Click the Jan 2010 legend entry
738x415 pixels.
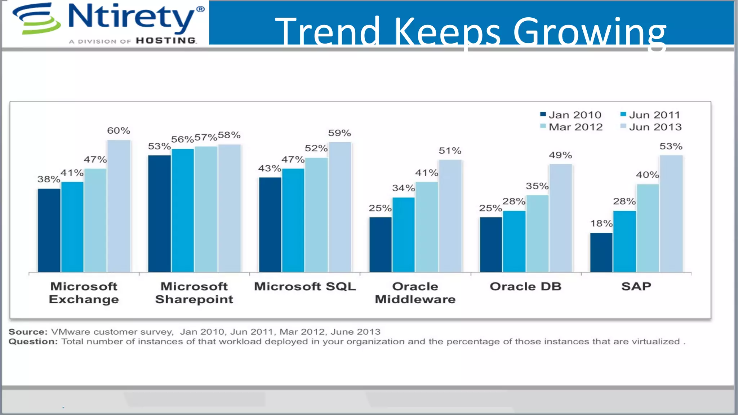[571, 115]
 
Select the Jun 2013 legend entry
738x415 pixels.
[651, 127]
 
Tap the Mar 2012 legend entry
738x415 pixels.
[572, 127]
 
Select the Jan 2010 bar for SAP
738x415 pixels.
[601, 252]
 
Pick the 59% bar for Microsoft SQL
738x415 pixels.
[339, 207]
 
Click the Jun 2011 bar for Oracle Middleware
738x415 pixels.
[403, 235]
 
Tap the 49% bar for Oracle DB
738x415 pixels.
[560, 218]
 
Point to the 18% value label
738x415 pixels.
[601, 224]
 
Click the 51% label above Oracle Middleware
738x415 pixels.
[450, 151]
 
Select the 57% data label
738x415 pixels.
[205, 138]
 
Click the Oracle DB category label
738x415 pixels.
[525, 287]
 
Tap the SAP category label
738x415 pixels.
[636, 287]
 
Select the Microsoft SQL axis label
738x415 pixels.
[305, 287]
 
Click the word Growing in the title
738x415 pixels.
[590, 32]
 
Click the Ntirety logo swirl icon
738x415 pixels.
[36, 18]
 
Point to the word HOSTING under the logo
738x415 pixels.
[166, 41]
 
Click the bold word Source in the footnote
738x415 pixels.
[28, 332]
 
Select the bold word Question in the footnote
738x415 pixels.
[33, 342]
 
